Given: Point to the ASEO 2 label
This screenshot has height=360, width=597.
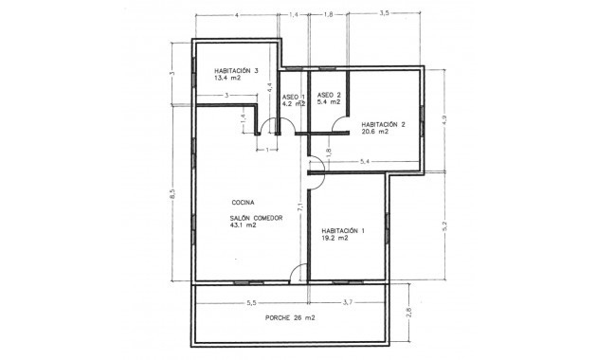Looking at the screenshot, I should tap(328, 96).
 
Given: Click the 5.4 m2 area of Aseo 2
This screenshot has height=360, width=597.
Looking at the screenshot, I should tap(328, 104).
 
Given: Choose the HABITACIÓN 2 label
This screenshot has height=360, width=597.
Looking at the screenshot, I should tap(383, 124).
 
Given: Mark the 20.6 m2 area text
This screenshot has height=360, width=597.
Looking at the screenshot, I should tap(375, 133).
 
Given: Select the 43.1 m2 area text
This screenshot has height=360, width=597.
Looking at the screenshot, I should tap(244, 227).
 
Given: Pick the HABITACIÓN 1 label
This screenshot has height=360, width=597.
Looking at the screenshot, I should tap(342, 230).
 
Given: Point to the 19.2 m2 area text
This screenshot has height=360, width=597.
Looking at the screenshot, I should tap(335, 239).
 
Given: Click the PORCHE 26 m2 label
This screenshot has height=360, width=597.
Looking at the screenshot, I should tap(290, 317).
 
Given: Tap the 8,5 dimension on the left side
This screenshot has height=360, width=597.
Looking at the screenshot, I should tap(172, 193).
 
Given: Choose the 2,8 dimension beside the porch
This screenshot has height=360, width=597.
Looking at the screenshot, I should tap(408, 312).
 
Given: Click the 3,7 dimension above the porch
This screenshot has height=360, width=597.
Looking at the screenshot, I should tap(347, 302).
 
